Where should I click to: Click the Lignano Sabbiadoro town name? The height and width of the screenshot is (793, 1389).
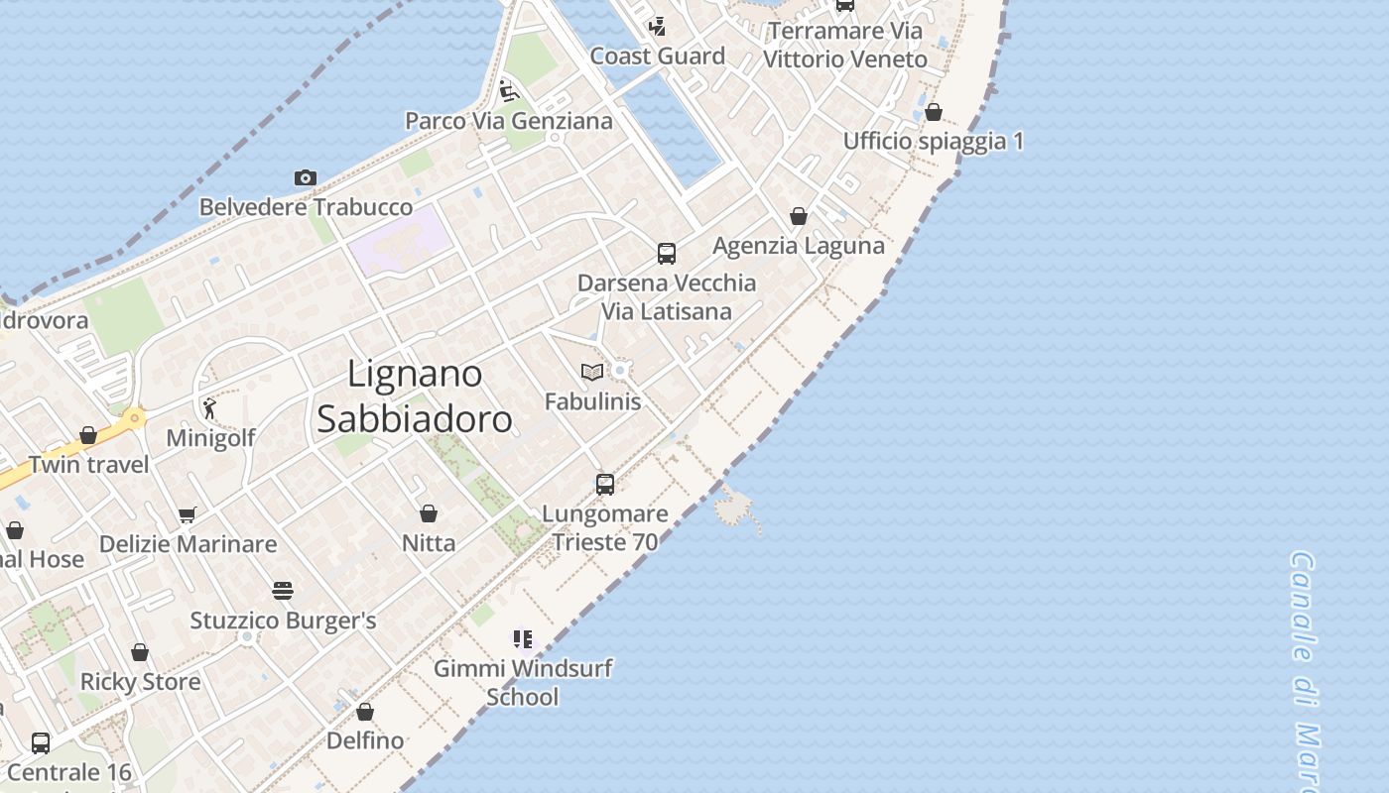(x=415, y=396)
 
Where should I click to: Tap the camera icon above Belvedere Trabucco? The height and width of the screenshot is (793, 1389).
(x=306, y=178)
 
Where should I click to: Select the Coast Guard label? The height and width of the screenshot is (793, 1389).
(x=658, y=57)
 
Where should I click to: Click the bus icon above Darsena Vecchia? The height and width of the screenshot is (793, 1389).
(x=667, y=253)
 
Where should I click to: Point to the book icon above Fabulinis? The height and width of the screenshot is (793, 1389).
(x=592, y=372)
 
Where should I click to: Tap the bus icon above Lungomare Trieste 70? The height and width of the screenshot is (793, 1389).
(x=605, y=485)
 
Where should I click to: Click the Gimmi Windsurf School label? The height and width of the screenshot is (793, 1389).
(x=523, y=682)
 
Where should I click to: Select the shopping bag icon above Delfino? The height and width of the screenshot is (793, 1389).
(x=365, y=712)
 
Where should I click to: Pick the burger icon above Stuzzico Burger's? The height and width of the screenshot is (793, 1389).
(x=283, y=592)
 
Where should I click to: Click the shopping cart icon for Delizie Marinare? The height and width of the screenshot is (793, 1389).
(x=188, y=514)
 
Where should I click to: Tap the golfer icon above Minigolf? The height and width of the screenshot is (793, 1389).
(x=209, y=408)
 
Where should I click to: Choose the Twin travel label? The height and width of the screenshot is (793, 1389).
(x=89, y=464)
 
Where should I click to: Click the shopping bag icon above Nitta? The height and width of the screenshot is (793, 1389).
(x=429, y=513)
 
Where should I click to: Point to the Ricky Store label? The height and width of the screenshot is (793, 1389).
(x=140, y=682)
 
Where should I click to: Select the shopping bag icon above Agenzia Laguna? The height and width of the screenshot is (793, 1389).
(x=799, y=216)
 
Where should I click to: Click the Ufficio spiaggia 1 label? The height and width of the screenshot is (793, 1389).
(x=933, y=141)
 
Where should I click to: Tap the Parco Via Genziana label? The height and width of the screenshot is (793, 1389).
(x=508, y=121)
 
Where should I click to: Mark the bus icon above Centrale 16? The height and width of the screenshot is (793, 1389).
(x=41, y=742)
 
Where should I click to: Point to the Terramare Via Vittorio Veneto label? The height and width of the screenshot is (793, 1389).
(x=844, y=45)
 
